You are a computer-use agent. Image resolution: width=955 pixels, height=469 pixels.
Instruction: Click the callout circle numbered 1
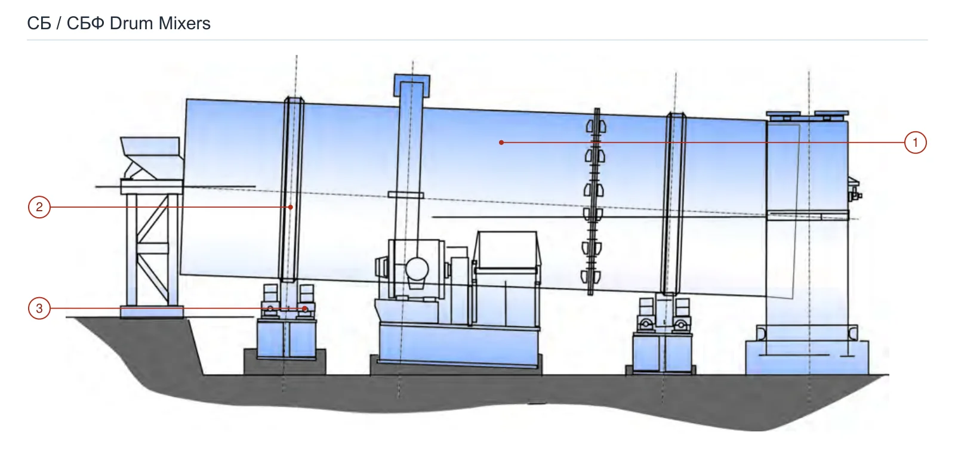[x=915, y=143]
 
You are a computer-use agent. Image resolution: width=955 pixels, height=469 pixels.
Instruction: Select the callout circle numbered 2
[x=39, y=207]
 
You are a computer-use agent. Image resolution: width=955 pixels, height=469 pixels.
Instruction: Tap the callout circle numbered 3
[x=39, y=308]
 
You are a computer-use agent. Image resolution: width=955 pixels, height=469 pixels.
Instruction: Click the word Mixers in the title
[x=184, y=23]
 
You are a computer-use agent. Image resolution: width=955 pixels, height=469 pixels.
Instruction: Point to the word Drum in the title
[x=131, y=23]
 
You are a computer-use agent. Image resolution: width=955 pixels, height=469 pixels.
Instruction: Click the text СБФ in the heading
[x=85, y=23]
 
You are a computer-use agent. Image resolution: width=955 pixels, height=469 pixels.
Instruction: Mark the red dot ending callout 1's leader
[x=501, y=143]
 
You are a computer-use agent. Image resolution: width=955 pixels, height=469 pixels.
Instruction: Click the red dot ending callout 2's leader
[x=290, y=207]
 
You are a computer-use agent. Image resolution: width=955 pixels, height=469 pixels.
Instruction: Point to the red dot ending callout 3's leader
[x=305, y=308]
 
